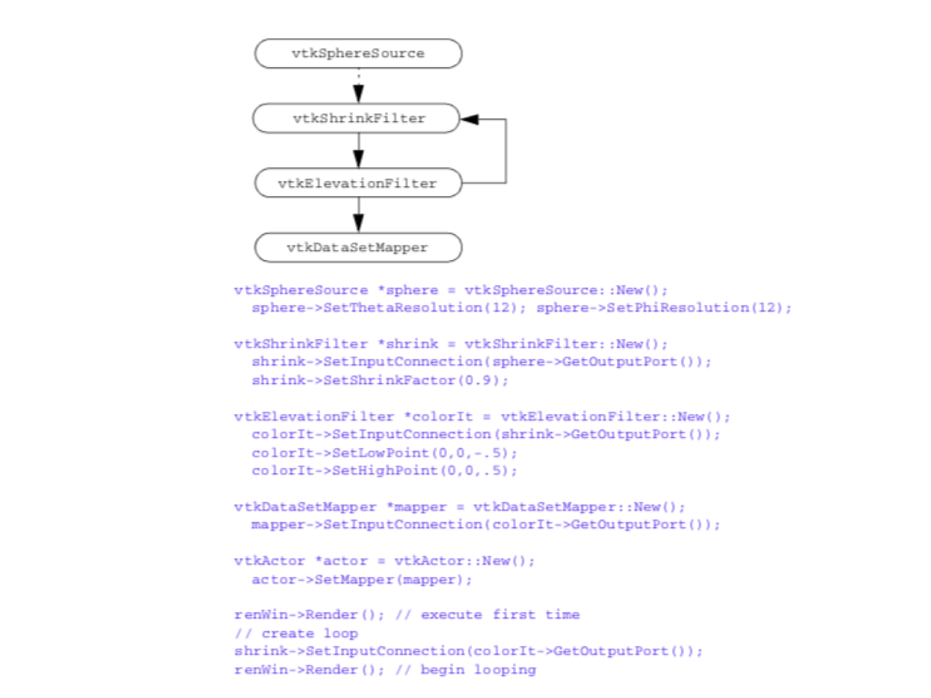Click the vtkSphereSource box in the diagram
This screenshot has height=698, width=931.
pyautogui.click(x=358, y=53)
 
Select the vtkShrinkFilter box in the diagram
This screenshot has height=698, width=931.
pyautogui.click(x=356, y=118)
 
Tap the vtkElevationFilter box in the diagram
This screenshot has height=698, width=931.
pyautogui.click(x=358, y=183)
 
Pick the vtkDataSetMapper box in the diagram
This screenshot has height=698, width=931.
pyautogui.click(x=358, y=247)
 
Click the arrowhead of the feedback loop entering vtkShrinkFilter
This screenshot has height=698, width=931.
pyautogui.click(x=469, y=119)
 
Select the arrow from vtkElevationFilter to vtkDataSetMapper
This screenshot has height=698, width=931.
pyautogui.click(x=358, y=215)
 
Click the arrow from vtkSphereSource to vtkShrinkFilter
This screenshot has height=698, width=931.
pyautogui.click(x=358, y=87)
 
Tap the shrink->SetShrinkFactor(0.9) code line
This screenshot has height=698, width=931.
pyautogui.click(x=380, y=380)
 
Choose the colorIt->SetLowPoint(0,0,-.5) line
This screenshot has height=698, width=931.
pyautogui.click(x=384, y=453)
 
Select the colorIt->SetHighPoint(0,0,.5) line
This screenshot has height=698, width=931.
pyautogui.click(x=384, y=471)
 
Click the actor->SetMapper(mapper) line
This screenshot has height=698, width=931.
pyautogui.click(x=361, y=580)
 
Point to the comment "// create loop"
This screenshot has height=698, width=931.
pyautogui.click(x=296, y=634)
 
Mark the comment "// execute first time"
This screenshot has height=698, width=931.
pyautogui.click(x=487, y=615)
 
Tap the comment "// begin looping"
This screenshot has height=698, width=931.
pyautogui.click(x=465, y=669)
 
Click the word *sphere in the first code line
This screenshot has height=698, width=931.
pyautogui.click(x=408, y=290)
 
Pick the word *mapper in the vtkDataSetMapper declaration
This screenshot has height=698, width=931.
pyautogui.click(x=416, y=507)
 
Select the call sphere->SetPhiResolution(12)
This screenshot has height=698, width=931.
pyautogui.click(x=664, y=308)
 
